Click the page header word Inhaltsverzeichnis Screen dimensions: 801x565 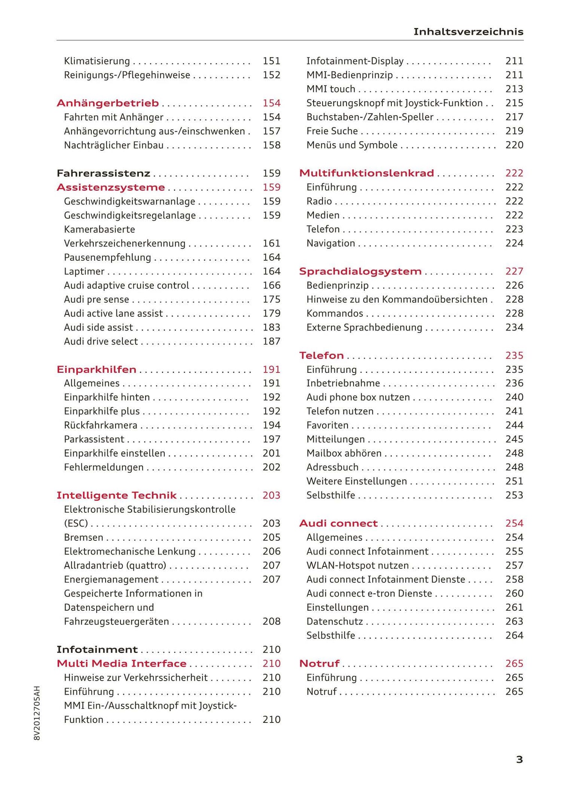click(468, 32)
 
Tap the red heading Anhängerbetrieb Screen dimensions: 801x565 click(108, 103)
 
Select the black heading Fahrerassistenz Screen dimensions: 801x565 click(104, 173)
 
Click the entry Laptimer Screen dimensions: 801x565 click(84, 272)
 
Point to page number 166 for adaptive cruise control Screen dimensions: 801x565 click(271, 286)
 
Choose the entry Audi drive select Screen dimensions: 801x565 click(101, 341)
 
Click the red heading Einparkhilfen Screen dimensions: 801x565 click(97, 369)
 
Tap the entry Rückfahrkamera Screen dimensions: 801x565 click(100, 425)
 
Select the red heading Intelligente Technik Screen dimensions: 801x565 click(117, 495)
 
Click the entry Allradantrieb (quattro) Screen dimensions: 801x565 click(115, 565)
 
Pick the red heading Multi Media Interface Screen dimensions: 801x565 click(122, 663)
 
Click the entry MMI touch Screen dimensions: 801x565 click(331, 89)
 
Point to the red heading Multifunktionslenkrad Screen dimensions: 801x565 click(366, 173)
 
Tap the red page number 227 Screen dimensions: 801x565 click(514, 272)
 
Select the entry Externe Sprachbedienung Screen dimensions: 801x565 click(364, 327)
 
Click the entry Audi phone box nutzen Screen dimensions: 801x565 click(358, 397)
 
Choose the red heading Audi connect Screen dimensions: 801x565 click(338, 523)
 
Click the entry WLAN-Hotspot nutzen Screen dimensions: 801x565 click(357, 565)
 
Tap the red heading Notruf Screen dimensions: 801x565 click(319, 663)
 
